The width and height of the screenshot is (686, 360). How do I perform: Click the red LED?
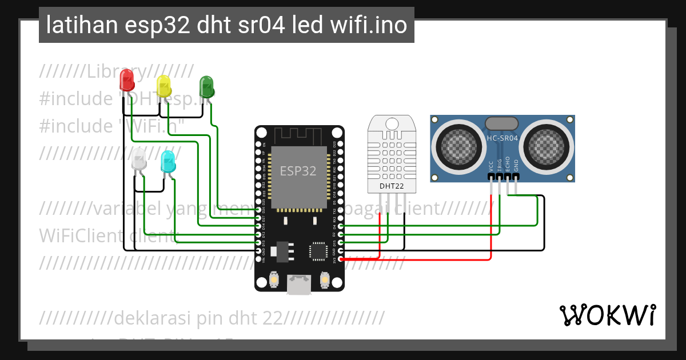click(x=127, y=79)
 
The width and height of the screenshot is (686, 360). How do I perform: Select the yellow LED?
click(x=163, y=86)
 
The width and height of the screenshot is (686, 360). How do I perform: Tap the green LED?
click(x=206, y=87)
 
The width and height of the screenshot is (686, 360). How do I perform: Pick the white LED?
click(x=139, y=158)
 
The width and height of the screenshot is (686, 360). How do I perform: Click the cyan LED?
click(x=168, y=162)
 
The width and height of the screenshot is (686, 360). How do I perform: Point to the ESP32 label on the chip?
click(x=297, y=171)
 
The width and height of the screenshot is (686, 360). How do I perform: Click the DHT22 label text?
click(x=392, y=186)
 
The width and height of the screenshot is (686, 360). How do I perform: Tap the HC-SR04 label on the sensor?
click(x=502, y=138)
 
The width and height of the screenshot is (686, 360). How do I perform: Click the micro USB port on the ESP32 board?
click(x=300, y=286)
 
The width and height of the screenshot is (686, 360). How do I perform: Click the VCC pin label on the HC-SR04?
click(x=491, y=166)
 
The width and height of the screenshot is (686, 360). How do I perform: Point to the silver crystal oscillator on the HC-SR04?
click(x=501, y=123)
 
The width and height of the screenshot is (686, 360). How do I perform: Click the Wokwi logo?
click(x=607, y=315)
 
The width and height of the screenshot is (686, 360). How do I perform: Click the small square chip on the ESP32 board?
click(x=318, y=250)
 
